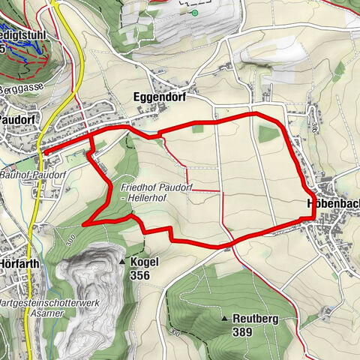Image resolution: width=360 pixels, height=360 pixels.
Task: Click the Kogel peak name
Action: point(145,262)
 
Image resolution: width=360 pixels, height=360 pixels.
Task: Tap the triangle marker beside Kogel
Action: point(121,262)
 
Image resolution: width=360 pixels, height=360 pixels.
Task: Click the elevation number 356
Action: point(140,276)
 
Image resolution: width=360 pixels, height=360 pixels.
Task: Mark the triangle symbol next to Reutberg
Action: point(223,319)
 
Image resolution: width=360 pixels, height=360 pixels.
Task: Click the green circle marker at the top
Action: point(195,13)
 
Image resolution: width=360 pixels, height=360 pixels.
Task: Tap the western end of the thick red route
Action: point(45,152)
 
